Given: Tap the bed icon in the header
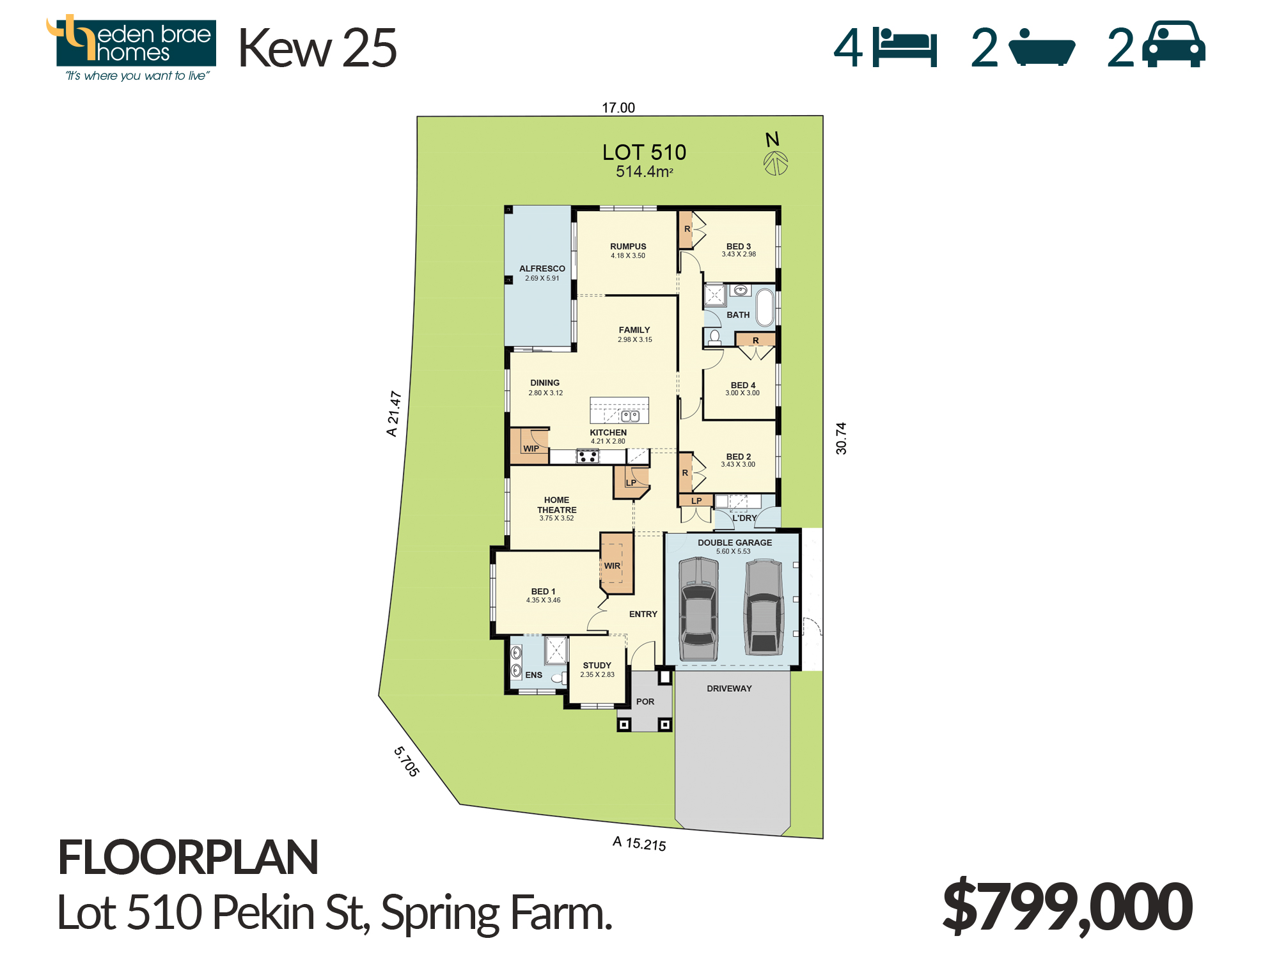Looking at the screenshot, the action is coord(905,47).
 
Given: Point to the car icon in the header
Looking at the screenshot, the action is coord(1174,44).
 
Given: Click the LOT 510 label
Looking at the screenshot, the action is coord(644,152).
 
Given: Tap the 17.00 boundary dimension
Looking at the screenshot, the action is coord(618,107).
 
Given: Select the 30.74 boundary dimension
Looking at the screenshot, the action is coord(841,439).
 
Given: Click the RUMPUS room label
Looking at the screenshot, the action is coord(628,246).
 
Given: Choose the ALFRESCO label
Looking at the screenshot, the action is coord(542,269).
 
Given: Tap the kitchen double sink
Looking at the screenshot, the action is coord(631,416).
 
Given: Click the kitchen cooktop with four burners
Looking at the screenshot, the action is coord(588,456).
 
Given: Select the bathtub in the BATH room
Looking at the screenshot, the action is coord(765,308).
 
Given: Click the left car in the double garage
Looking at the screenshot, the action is coord(698,609).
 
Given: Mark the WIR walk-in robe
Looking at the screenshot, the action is coord(617,563).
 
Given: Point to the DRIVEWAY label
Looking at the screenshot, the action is coord(729,689).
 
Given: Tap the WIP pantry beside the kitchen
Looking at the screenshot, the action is coord(530,445).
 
